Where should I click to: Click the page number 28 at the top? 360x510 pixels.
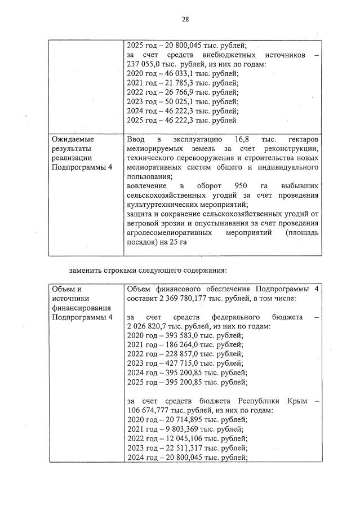click(x=185, y=19)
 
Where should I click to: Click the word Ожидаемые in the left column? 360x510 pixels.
click(x=73, y=139)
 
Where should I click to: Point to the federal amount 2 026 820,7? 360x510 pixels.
click(x=148, y=327)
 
